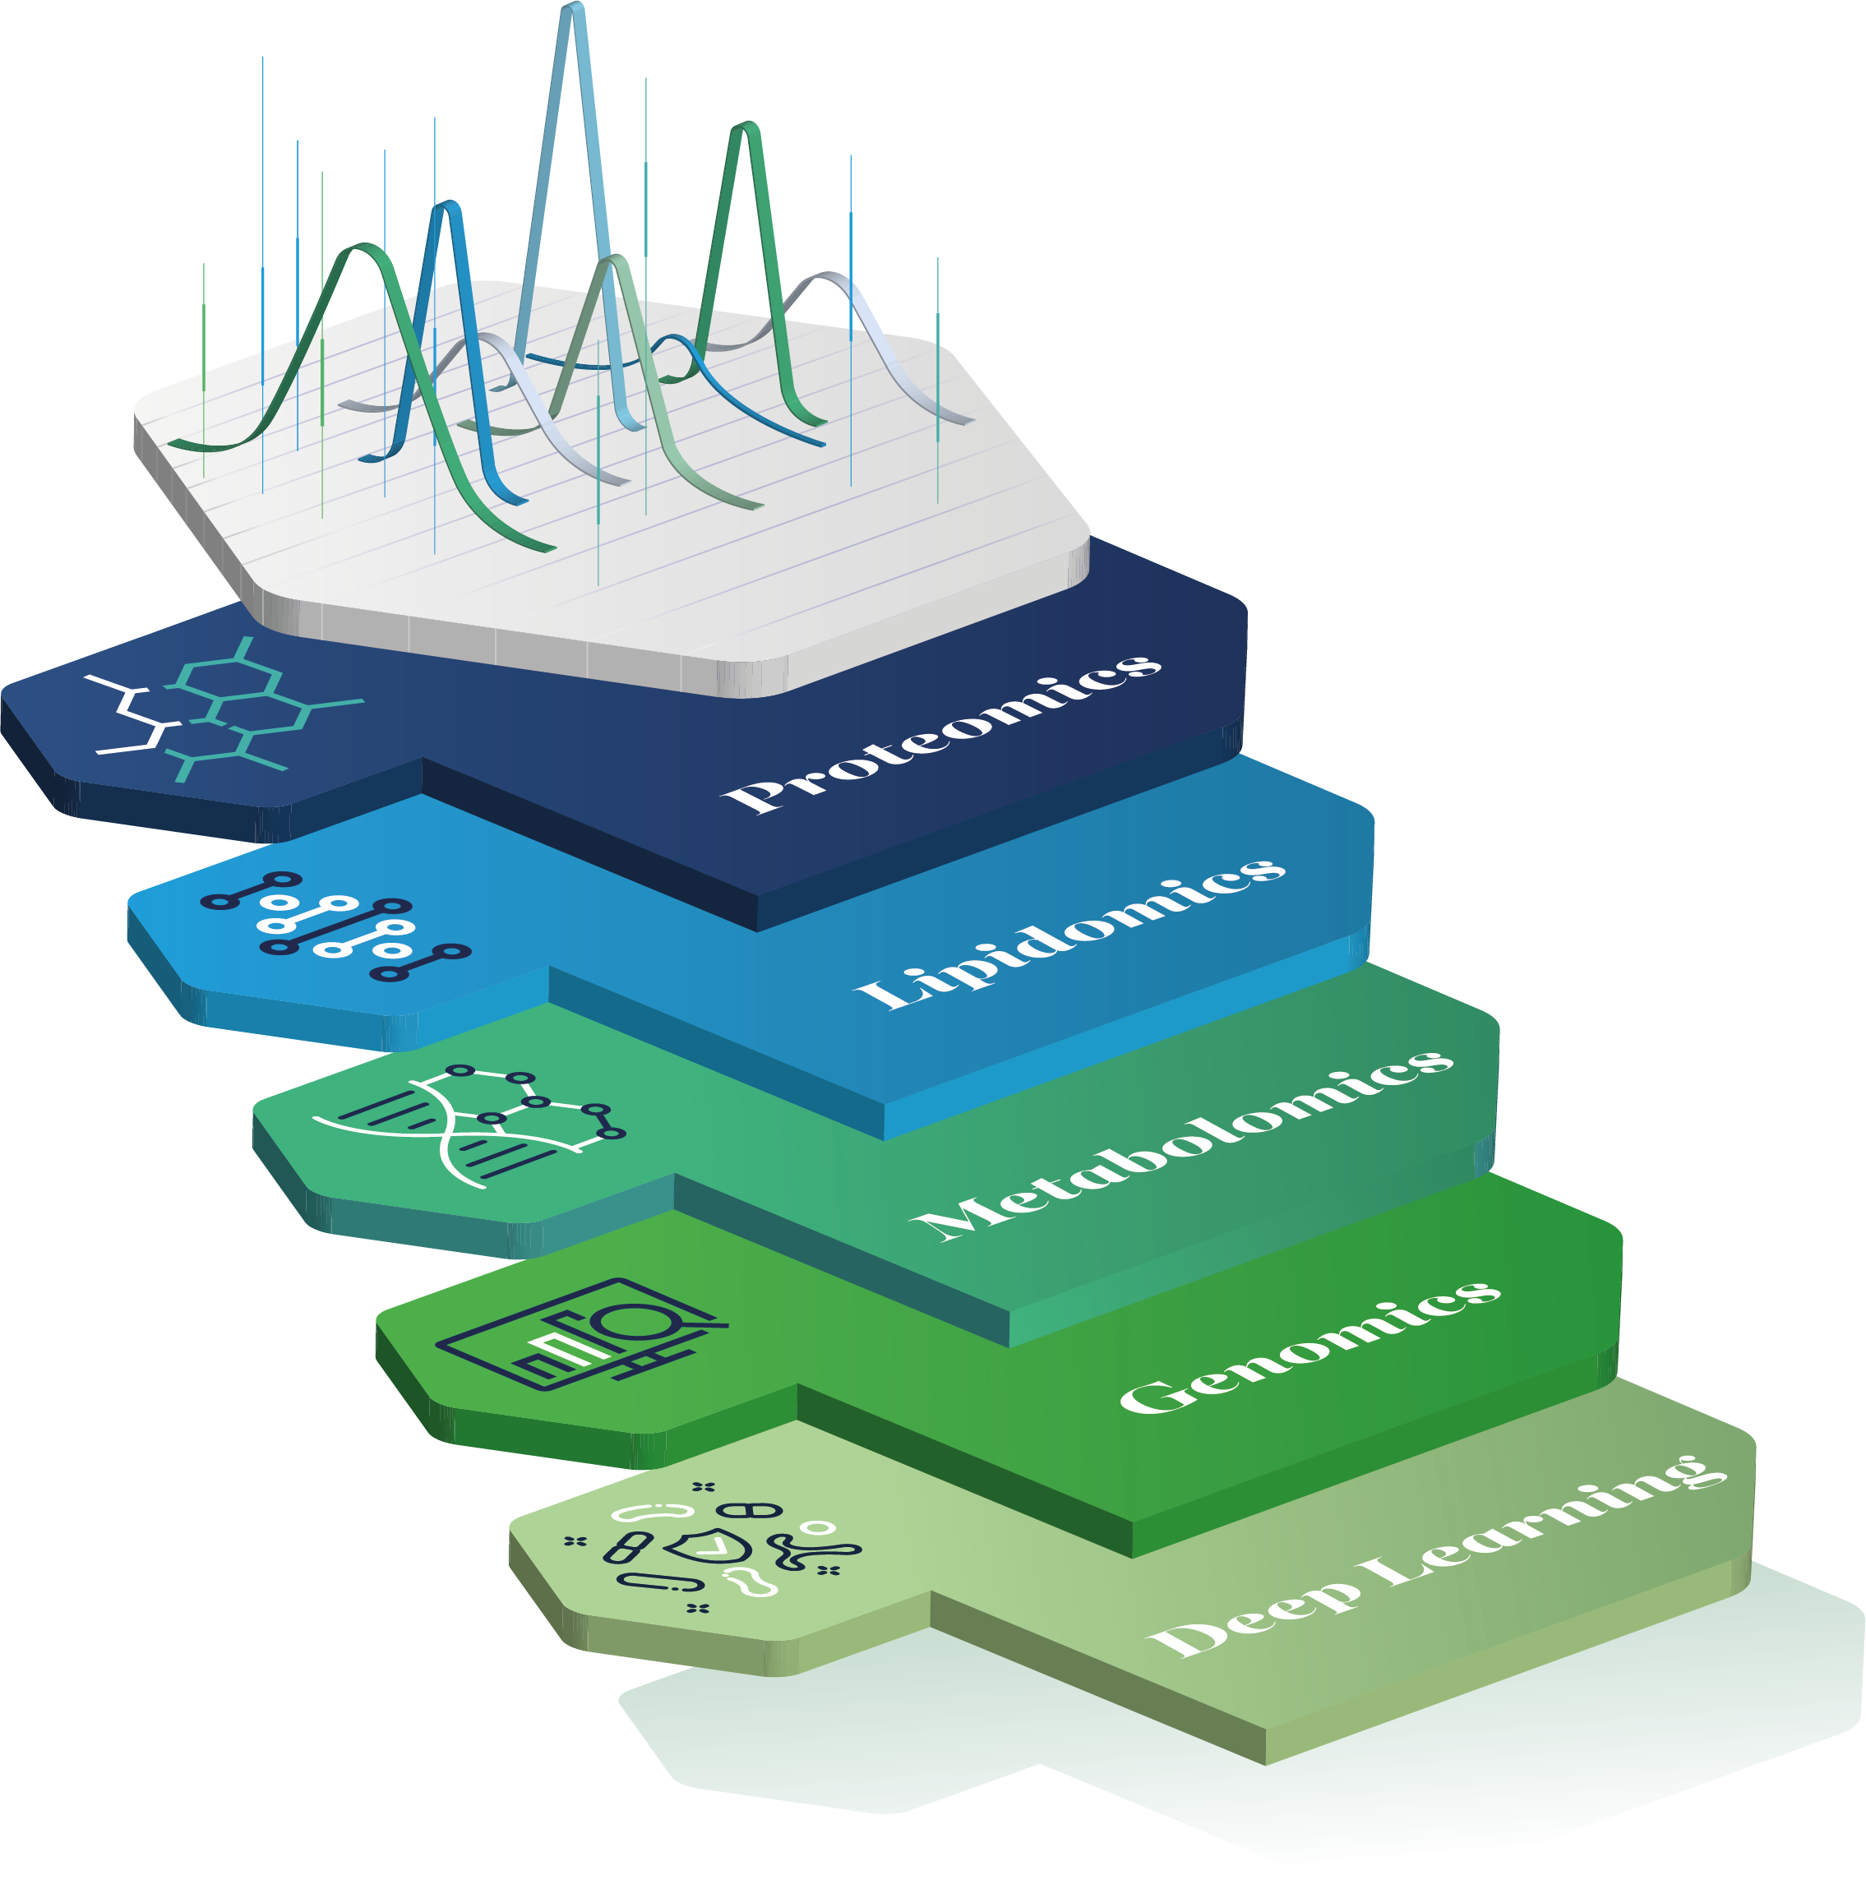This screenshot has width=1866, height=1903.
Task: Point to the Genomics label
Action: tap(1309, 1347)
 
